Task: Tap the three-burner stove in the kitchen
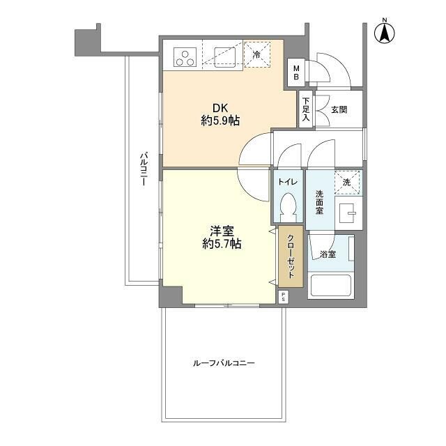(x=185, y=57)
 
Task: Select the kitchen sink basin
(x=224, y=57)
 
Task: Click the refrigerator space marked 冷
(x=257, y=54)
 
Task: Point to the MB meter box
(x=296, y=72)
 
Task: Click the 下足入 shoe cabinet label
(x=306, y=109)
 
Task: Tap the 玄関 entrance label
(x=339, y=109)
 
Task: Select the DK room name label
(x=220, y=109)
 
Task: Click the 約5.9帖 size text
(x=220, y=121)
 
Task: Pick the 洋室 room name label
(x=222, y=231)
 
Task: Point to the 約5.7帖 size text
(x=222, y=244)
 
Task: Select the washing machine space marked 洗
(x=347, y=183)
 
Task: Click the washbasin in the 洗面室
(x=348, y=213)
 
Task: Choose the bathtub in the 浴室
(x=330, y=285)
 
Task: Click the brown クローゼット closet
(x=291, y=256)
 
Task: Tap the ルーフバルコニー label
(x=224, y=363)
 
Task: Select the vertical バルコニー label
(x=144, y=169)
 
